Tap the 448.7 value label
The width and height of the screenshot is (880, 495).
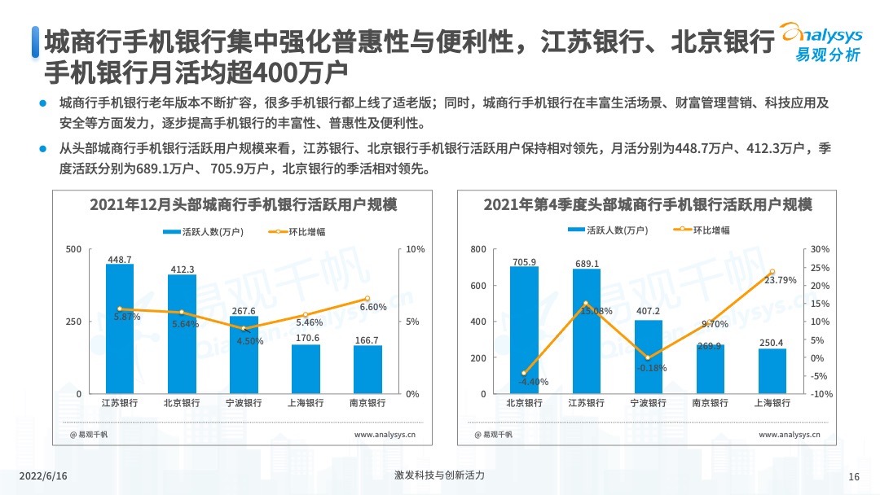coord(120,260)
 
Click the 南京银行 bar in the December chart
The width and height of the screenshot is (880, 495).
coord(367,370)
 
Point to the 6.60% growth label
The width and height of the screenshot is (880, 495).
coord(372,307)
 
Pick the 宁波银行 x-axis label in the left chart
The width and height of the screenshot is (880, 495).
coord(244,403)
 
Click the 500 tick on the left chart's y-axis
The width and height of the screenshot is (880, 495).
coord(73,249)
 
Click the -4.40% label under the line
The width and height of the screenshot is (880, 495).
coord(534,382)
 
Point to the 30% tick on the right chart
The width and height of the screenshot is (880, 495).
coord(821,249)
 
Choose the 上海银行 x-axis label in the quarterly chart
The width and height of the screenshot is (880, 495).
coord(772,403)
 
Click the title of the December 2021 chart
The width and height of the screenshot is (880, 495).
coord(243,204)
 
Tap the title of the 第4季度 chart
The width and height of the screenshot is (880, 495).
coord(648,204)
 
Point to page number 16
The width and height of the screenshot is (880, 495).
coord(854,476)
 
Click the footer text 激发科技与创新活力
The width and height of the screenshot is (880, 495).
coord(439,475)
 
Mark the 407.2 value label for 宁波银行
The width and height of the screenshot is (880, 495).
coord(648,311)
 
